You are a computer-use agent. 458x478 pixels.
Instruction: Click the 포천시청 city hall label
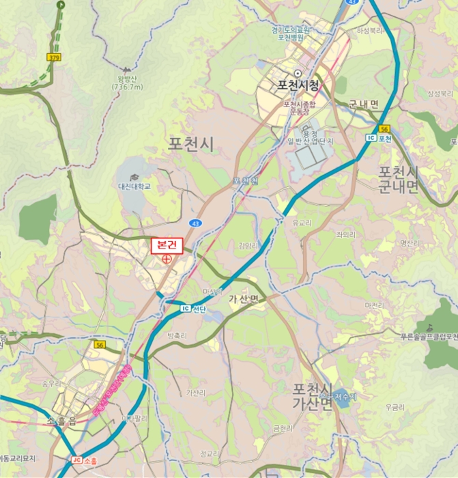[298, 86]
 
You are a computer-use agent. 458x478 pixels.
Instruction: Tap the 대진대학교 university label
[134, 186]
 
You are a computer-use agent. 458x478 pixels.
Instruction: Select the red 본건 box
[167, 244]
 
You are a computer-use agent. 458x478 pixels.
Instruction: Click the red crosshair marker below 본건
[167, 259]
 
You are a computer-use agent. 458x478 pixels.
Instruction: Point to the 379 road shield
[54, 58]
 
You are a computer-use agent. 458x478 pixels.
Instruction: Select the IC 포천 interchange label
[379, 138]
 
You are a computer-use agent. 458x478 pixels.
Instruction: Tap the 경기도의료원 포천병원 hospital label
[291, 33]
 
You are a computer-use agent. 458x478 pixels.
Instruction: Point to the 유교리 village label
[301, 223]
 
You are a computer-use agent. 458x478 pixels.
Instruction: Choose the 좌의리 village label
[345, 234]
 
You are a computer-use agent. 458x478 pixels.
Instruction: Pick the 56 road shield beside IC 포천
[384, 128]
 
